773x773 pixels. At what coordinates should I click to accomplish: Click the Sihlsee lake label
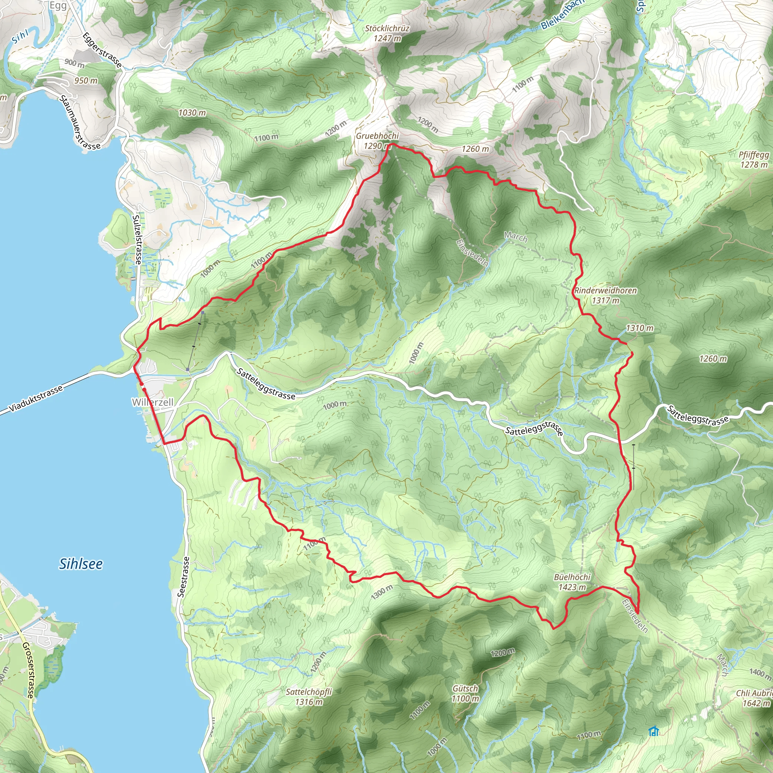(81, 564)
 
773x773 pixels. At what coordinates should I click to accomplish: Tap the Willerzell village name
(153, 402)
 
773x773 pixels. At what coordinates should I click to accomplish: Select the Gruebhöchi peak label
(377, 141)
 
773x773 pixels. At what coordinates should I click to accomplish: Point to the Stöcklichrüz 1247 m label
(387, 33)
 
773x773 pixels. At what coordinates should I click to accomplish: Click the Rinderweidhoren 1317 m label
(605, 295)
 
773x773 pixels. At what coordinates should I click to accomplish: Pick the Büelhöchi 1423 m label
(572, 582)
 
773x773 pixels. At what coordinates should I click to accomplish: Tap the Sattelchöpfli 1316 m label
(308, 697)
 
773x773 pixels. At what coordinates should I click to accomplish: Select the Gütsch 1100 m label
(465, 693)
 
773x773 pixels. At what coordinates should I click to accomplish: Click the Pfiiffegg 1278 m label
(754, 159)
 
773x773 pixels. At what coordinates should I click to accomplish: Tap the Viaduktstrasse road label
(36, 399)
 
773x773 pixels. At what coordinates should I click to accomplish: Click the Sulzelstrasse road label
(137, 239)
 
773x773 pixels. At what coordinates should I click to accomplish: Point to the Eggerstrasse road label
(102, 49)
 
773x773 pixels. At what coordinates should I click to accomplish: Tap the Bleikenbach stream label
(562, 15)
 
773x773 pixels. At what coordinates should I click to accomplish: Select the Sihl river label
(20, 37)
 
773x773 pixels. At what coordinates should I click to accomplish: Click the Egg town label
(58, 5)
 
